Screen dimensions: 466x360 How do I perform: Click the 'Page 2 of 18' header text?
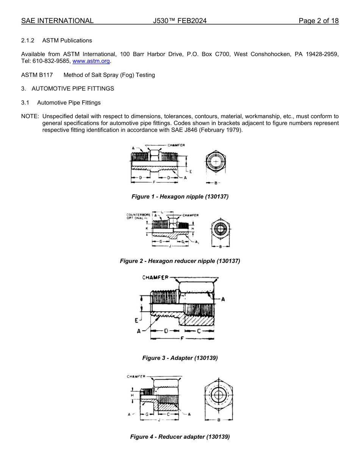pyautogui.click(x=318, y=21)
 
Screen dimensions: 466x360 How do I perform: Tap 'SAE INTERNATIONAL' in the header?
pyautogui.click(x=57, y=21)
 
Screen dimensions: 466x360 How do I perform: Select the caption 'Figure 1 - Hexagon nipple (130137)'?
pyautogui.click(x=180, y=197)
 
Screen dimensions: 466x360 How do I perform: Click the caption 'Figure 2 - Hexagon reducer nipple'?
pyautogui.click(x=180, y=261)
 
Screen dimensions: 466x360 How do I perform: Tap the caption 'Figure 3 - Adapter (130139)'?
pyautogui.click(x=180, y=358)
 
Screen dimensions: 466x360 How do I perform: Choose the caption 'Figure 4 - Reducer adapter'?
pyautogui.click(x=180, y=437)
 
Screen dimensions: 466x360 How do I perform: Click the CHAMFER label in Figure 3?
pyautogui.click(x=155, y=278)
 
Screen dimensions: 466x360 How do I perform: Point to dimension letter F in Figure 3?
pyautogui.click(x=182, y=338)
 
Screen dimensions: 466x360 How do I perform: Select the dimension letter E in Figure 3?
pyautogui.click(x=136, y=321)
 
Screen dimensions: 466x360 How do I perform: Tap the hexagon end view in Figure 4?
pyautogui.click(x=219, y=396)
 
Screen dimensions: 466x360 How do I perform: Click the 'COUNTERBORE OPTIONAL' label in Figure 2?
pyautogui.click(x=138, y=217)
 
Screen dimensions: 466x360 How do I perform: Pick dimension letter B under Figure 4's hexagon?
pyautogui.click(x=219, y=420)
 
